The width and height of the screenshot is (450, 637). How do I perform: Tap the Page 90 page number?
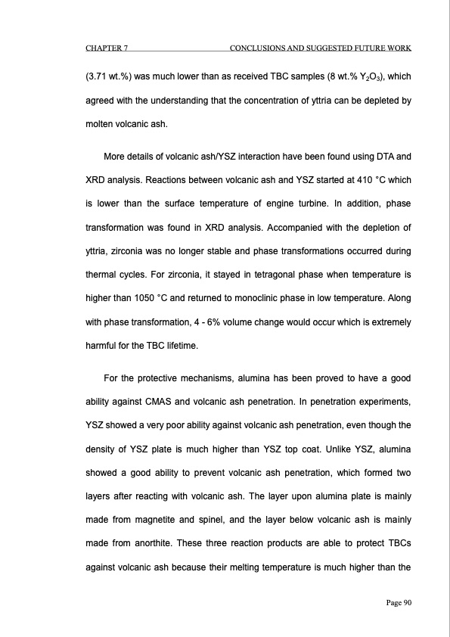pyautogui.click(x=394, y=603)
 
